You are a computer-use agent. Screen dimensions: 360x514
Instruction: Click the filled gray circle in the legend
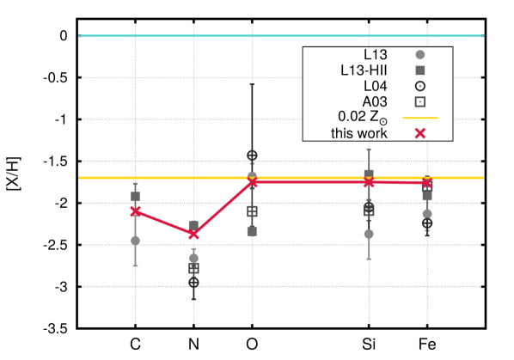[420, 55]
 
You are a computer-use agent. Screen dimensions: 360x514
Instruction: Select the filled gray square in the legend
[420, 70]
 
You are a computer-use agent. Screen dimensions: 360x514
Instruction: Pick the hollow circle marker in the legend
[420, 86]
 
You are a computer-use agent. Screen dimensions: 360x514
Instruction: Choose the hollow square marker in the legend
[420, 102]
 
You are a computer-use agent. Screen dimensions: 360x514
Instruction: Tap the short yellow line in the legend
[420, 118]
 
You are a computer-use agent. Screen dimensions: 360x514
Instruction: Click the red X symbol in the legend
[420, 133]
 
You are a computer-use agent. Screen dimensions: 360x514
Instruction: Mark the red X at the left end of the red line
[135, 211]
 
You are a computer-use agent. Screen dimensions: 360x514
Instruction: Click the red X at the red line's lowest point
[193, 234]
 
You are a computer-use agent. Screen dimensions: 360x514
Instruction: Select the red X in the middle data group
[252, 181]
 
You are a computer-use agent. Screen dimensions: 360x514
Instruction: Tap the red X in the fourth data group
[369, 181]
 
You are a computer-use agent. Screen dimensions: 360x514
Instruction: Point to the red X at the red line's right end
[426, 182]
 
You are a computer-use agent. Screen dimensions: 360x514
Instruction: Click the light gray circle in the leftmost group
[135, 241]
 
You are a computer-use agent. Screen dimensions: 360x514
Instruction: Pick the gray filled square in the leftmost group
[135, 197]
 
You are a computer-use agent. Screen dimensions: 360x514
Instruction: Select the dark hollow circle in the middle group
[252, 156]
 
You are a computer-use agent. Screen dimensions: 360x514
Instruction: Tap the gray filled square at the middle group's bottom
[252, 231]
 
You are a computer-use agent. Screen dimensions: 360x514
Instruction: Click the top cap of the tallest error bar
[252, 84]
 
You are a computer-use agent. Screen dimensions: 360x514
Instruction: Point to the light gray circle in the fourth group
[369, 234]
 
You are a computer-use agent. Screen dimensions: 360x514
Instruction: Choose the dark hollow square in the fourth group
[369, 210]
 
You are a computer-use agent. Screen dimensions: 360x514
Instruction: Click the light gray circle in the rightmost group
[427, 213]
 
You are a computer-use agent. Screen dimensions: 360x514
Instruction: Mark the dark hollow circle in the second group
[193, 282]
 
